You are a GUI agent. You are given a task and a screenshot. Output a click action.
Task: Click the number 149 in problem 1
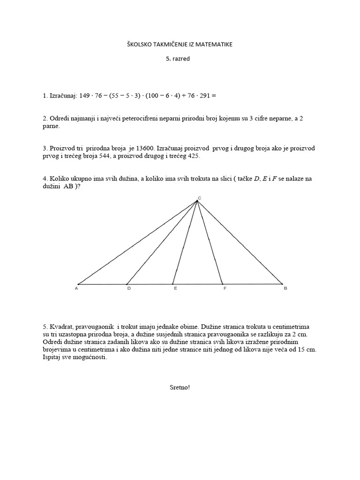pos(84,96)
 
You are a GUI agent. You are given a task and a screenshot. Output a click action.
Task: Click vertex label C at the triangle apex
pos(199,198)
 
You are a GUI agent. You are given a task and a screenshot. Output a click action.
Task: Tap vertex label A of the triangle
pos(76,289)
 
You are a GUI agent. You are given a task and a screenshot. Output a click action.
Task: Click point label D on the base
pos(129,289)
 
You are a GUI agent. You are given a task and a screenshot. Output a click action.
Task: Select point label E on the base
pos(175,289)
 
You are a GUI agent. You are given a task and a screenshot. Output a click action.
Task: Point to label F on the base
pos(225,289)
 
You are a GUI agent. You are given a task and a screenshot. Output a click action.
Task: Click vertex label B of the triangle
pos(285,289)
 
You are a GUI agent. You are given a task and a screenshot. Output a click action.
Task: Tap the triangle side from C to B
pos(239,242)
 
